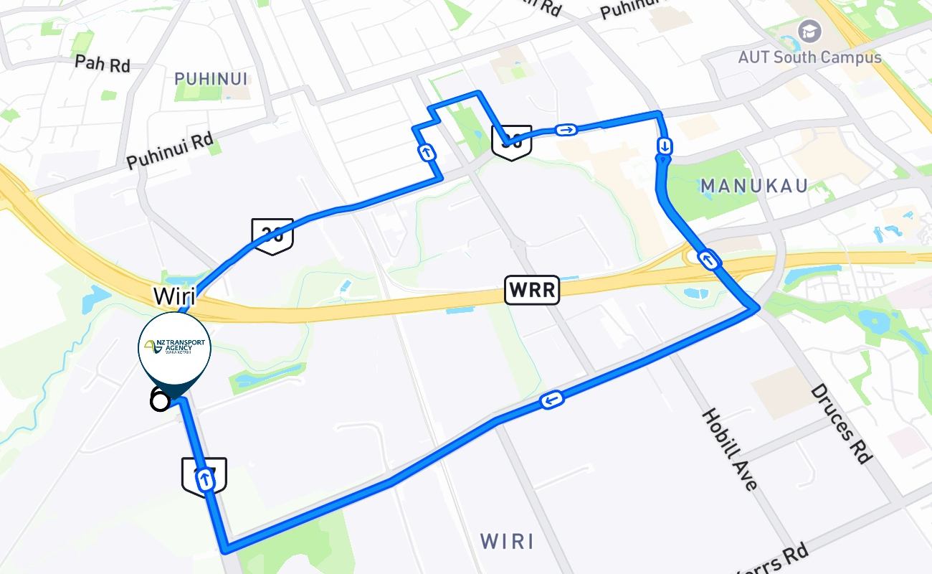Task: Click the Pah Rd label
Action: [103, 62]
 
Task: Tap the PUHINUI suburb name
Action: [211, 78]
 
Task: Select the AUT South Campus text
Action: [810, 57]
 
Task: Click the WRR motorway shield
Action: [532, 290]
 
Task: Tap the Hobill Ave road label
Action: [729, 449]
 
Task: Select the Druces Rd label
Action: [841, 423]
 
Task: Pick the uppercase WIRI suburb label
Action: [507, 541]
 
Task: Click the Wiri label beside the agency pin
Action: [174, 295]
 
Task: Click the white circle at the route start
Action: [160, 400]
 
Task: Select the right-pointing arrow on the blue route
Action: [566, 130]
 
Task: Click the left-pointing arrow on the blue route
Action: [552, 400]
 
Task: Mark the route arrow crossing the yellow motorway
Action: [708, 260]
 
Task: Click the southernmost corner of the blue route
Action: [227, 550]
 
